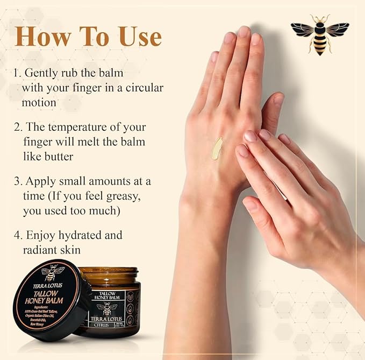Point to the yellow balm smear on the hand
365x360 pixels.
coord(217,148)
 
